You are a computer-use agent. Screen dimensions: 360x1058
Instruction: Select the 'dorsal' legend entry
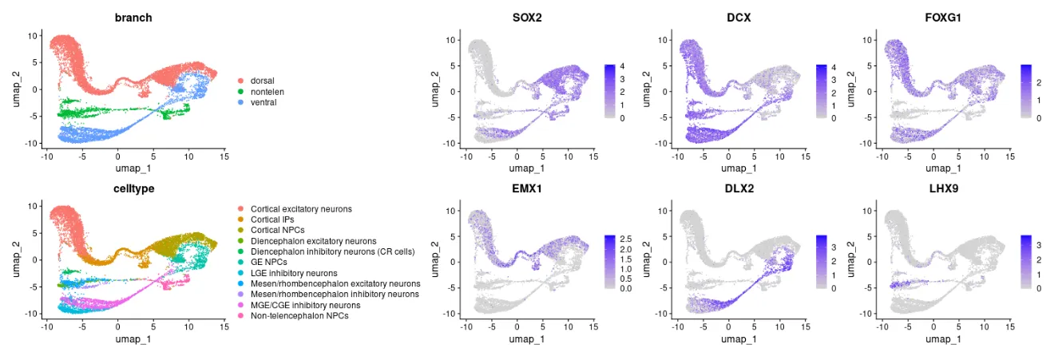[262, 81]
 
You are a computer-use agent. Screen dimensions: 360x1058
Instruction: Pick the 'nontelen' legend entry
[265, 91]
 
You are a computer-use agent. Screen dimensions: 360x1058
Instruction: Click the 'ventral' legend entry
[263, 102]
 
